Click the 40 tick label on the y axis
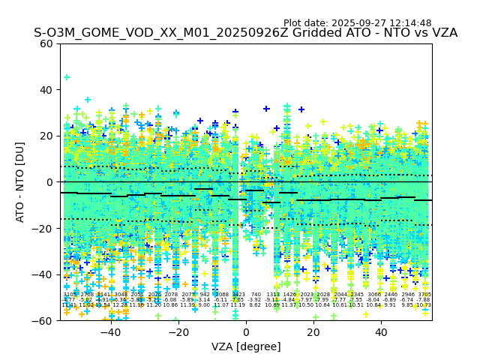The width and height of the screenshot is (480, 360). click(x=47, y=89)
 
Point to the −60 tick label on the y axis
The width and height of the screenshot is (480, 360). click(x=44, y=320)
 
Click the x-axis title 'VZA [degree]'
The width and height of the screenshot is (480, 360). click(x=246, y=346)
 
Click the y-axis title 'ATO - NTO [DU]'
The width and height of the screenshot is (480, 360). click(x=20, y=181)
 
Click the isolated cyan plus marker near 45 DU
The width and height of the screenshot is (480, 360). click(x=67, y=77)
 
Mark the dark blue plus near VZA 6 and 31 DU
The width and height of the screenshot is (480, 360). click(x=266, y=109)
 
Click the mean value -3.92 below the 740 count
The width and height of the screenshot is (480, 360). click(x=256, y=300)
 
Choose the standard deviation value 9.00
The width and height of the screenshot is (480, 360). click(x=205, y=305)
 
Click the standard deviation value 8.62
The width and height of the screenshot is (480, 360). click(x=256, y=305)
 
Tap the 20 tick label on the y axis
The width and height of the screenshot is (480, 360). click(x=47, y=136)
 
